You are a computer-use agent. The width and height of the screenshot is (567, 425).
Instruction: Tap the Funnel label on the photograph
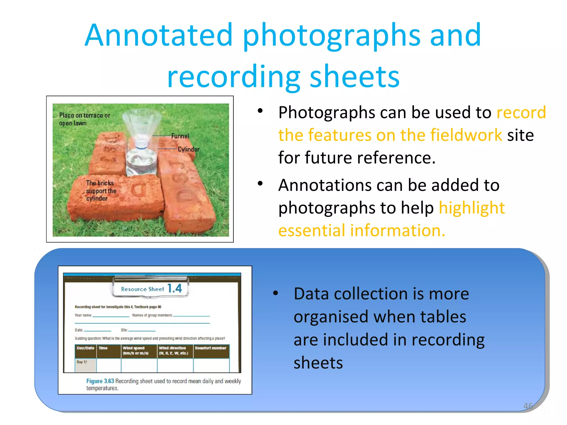(180, 136)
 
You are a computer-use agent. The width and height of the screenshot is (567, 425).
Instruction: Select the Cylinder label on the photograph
(189, 149)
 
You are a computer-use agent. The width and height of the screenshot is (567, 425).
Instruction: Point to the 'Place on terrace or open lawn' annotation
(84, 119)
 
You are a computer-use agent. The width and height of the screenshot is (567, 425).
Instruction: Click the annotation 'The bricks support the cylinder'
(101, 191)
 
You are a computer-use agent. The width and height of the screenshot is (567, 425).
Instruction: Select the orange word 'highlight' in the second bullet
(472, 208)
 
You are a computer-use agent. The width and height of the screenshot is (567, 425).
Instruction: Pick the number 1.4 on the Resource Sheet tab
(175, 288)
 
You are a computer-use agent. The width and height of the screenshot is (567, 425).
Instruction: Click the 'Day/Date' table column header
(85, 348)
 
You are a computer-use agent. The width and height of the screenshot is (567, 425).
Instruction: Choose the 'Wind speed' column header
(134, 348)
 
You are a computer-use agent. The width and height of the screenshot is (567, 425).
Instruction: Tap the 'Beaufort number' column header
(210, 348)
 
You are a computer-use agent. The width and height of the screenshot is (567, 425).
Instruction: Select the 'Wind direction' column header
(172, 348)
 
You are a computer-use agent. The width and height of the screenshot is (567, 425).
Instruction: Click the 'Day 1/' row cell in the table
(82, 362)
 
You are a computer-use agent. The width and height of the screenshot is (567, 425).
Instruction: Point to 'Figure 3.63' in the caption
(100, 381)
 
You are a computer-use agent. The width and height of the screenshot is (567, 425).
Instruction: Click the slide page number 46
(528, 406)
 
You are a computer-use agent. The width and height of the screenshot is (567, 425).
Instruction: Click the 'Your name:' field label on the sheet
(83, 315)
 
